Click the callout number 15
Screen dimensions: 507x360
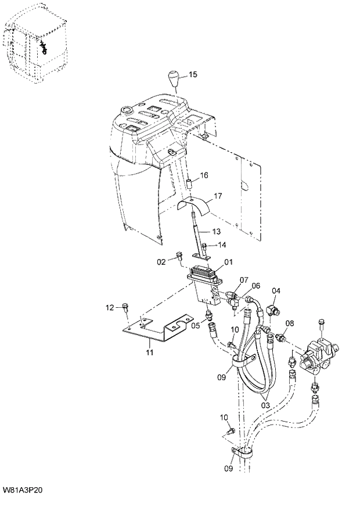pos(193,74)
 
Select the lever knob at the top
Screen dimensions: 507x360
pos(174,80)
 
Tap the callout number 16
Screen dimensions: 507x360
pos(204,175)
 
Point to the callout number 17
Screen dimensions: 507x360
pos(218,196)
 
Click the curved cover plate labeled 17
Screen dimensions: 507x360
pos(196,205)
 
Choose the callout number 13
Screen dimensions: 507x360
pos(216,231)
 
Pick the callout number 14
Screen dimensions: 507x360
pos(222,245)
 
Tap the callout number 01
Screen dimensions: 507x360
pos(228,262)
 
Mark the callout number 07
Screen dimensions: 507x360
pos(244,280)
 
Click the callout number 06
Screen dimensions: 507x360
pos(255,286)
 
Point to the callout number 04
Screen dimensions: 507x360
pos(276,291)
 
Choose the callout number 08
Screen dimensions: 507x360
pos(289,323)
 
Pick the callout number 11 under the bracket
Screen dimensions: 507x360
pos(149,352)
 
